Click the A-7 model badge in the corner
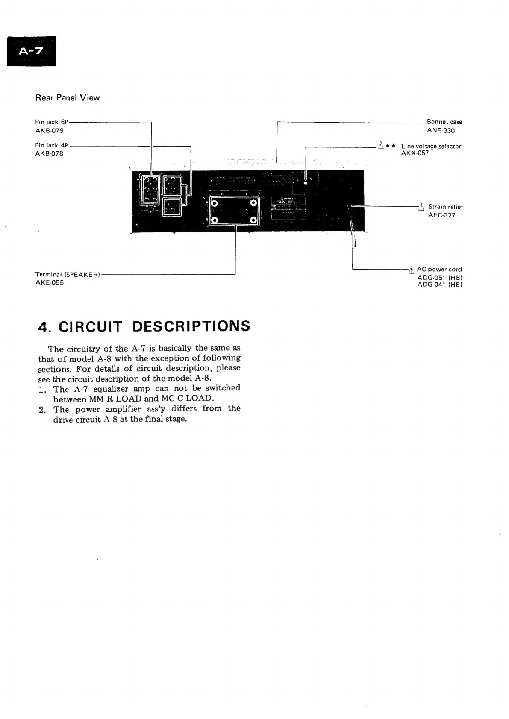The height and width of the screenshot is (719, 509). coord(31,51)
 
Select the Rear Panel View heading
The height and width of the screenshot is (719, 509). coord(67,98)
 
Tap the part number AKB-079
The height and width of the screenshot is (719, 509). coord(49,130)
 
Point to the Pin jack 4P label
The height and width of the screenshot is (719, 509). coord(51,145)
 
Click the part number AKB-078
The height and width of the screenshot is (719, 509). coord(49,153)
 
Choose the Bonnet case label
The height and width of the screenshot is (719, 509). coord(444,122)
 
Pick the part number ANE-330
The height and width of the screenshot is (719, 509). coord(441,131)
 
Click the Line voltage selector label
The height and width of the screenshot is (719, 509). coord(431,146)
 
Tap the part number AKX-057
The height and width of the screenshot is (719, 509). coord(415,153)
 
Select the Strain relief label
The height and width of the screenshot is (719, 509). coord(445,207)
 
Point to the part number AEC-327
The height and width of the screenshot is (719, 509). coord(441,215)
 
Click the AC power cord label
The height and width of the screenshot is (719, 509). coord(439,270)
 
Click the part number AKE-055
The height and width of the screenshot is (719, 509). coord(49,282)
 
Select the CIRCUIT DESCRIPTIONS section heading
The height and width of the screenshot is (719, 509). coord(144,326)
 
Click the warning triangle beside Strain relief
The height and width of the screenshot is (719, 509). coord(421,207)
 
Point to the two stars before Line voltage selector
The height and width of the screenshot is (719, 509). coord(390,146)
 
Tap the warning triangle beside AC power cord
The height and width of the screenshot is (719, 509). coord(411,270)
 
